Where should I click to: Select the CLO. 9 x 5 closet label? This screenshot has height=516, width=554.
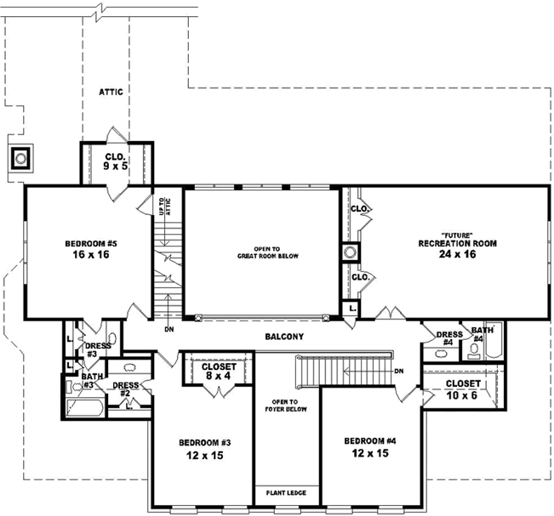(116, 162)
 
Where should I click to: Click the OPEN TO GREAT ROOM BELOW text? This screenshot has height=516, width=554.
(261, 252)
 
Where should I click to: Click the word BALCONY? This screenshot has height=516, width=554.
(283, 337)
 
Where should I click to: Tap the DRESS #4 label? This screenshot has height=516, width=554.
(448, 337)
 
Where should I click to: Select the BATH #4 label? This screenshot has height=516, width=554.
(483, 334)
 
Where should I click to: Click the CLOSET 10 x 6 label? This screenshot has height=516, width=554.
(463, 388)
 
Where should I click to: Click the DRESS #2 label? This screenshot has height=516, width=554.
(125, 389)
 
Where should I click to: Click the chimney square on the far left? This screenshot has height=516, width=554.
(21, 158)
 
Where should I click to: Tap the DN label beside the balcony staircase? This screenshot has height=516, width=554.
(399, 371)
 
